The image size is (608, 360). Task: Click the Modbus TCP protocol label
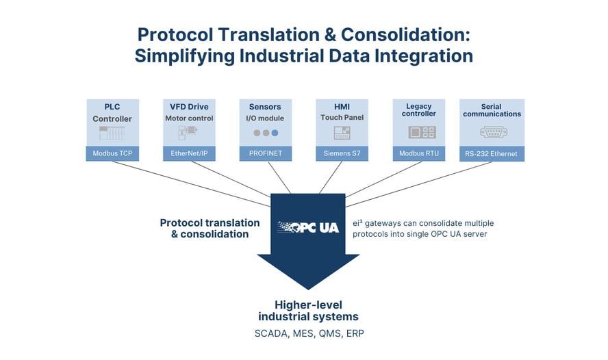click(112, 154)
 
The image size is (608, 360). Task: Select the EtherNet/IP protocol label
click(189, 154)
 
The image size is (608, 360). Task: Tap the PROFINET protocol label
click(266, 154)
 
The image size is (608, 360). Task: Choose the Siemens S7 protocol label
click(342, 154)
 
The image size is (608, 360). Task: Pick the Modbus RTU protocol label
click(418, 154)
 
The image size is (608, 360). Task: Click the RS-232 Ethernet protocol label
click(492, 154)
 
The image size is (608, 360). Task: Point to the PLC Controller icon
click(112, 133)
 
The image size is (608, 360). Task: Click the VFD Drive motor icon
click(189, 132)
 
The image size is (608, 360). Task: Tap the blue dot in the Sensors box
click(275, 133)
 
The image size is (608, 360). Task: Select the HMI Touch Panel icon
click(342, 133)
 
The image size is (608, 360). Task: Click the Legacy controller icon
click(418, 133)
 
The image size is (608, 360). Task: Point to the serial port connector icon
click(492, 133)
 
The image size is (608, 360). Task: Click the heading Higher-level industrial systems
click(308, 311)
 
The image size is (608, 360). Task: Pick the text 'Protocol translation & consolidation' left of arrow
click(210, 228)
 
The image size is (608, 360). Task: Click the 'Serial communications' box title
click(491, 110)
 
